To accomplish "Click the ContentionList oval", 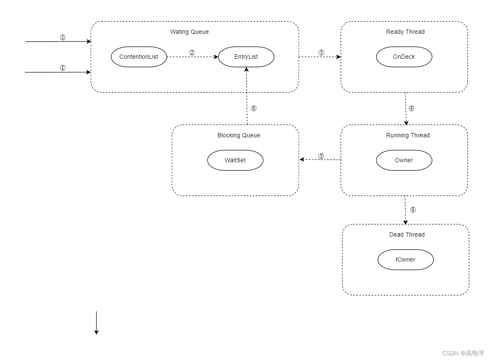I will pos(139,57).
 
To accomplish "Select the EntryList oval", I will pos(246,57).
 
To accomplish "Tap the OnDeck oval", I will pos(404,57).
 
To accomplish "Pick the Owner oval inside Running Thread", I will pos(404,160).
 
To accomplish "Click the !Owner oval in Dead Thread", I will pos(405,259).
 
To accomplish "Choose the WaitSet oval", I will pos(235,160).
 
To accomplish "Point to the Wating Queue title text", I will pos(189,32).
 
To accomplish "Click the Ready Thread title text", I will pos(405,32).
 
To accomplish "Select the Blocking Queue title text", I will pos(239,135).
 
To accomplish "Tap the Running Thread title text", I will pos(408,135).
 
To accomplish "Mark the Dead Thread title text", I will pos(407,235).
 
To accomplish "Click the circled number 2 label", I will pos(192,53).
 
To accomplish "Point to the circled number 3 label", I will pos(321,53).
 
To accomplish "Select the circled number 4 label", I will pos(412,108).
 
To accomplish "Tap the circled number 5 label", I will pos(321,156).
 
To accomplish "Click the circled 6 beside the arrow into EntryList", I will pos(254,108).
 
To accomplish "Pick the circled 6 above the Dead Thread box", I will pos(413,210).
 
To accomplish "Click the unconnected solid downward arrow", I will pos(96,323).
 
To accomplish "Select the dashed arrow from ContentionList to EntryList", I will pos(192,57).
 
